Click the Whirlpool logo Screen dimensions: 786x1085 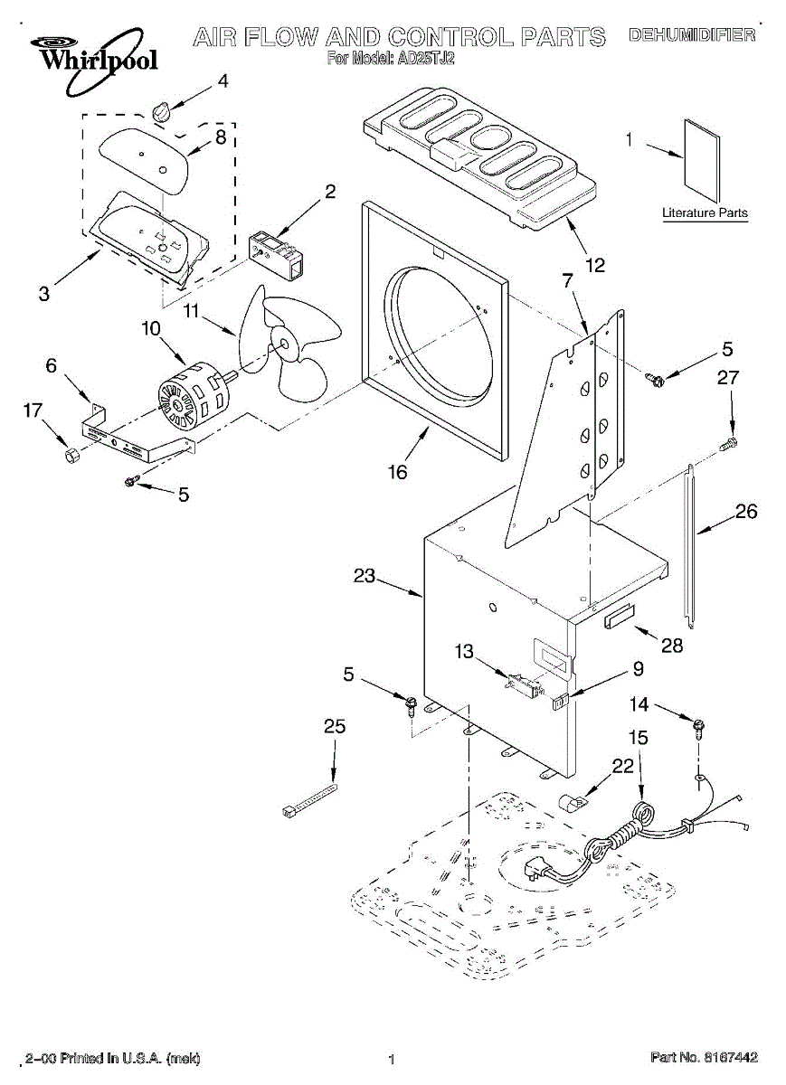coord(93,61)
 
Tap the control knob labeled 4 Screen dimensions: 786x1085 coord(161,113)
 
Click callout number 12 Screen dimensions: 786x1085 coord(595,265)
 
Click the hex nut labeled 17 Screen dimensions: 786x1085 coord(71,456)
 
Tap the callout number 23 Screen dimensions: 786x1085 coord(364,576)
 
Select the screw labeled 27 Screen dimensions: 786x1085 coord(729,443)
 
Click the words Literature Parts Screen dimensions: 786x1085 coord(706,212)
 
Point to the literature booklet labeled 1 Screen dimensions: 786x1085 coord(702,160)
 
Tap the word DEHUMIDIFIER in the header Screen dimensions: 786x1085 coord(692,35)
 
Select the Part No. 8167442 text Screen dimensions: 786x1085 coord(704,1056)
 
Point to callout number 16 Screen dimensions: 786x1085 coord(397,471)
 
